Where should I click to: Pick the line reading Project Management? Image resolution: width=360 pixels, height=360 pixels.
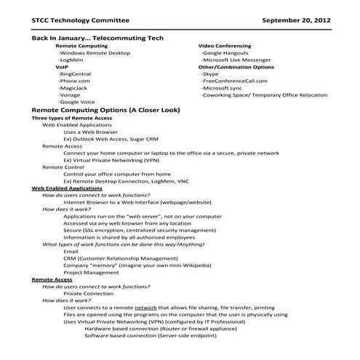(91, 272)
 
